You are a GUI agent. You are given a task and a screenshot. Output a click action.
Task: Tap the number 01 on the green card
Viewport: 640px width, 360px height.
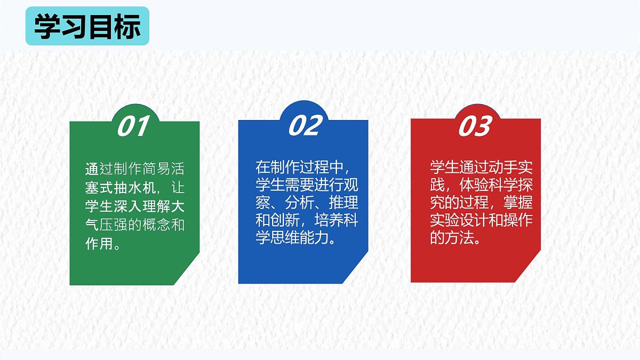132,126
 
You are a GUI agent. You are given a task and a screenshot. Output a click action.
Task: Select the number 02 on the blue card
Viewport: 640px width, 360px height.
306,125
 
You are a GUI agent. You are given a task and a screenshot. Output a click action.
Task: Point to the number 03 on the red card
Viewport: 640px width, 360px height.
474,126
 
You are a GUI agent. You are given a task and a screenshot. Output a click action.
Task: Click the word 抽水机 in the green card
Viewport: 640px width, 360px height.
134,188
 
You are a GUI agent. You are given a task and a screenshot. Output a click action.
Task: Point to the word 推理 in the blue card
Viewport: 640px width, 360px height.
346,203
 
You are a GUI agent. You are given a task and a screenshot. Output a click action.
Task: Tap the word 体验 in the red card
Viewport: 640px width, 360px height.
472,185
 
